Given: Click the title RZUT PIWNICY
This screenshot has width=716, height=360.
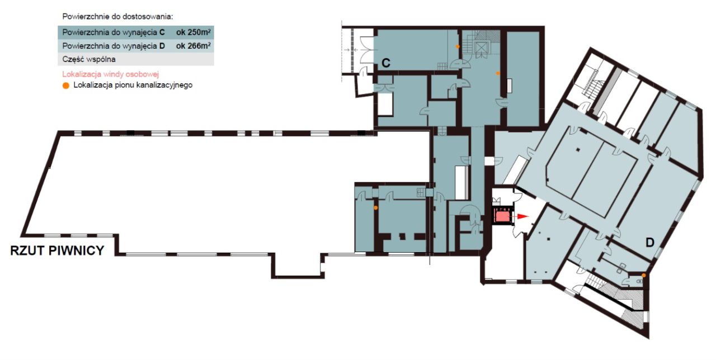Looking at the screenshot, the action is pyautogui.click(x=57, y=251).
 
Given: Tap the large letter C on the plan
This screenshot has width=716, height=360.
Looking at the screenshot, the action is pyautogui.click(x=386, y=63).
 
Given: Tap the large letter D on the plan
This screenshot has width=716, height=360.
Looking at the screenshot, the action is pyautogui.click(x=650, y=243).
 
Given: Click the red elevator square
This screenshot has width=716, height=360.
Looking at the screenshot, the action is pyautogui.click(x=502, y=216).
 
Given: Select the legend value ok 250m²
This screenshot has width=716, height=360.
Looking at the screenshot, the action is pyautogui.click(x=193, y=32).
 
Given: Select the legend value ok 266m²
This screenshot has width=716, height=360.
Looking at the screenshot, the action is pyautogui.click(x=193, y=46).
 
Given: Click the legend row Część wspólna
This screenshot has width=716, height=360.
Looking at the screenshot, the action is pyautogui.click(x=136, y=59).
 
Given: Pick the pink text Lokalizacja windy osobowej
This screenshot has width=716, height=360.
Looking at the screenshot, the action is pyautogui.click(x=111, y=74).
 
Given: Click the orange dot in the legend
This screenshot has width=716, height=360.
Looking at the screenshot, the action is pyautogui.click(x=66, y=86).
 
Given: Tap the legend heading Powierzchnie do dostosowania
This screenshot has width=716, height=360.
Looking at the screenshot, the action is pyautogui.click(x=117, y=17).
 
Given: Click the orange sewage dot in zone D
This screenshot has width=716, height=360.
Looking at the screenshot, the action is pyautogui.click(x=644, y=276).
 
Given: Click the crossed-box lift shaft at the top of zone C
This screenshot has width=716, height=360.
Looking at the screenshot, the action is pyautogui.click(x=481, y=49).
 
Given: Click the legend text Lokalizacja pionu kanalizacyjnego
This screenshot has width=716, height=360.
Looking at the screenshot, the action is pyautogui.click(x=133, y=85).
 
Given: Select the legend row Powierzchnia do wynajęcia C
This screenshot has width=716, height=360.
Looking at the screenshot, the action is pyautogui.click(x=136, y=32).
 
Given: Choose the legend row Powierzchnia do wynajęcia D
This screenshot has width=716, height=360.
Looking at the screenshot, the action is pyautogui.click(x=136, y=46).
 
